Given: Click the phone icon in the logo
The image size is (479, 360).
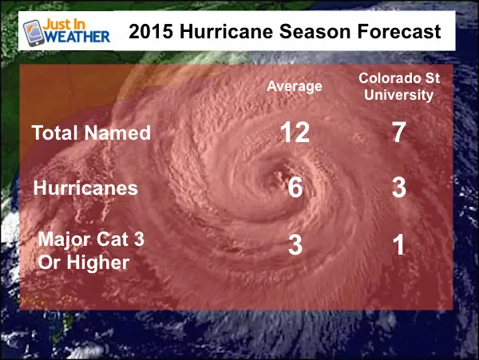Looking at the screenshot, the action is click(34, 33).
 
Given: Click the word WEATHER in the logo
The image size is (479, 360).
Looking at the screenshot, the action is click(77, 37).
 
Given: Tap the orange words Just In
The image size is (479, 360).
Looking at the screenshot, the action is click(64, 24).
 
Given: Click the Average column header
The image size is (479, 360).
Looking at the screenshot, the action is click(294, 87).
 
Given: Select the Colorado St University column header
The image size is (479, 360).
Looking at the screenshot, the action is click(399, 87).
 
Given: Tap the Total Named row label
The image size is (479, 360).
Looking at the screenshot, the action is click(91, 133).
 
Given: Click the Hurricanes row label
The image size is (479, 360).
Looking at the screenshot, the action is click(85, 188).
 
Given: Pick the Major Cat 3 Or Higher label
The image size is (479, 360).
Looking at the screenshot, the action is click(91, 251).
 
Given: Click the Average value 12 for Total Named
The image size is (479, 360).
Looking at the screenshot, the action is click(295, 133).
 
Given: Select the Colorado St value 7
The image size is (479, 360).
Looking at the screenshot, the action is click(399, 133).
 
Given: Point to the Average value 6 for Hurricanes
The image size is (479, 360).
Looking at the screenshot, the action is click(295, 188).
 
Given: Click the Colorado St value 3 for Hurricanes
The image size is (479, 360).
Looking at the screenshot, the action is click(399, 188).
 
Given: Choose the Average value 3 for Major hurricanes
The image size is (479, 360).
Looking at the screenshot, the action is click(295, 245).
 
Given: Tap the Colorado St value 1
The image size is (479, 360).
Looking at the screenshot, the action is click(398, 245).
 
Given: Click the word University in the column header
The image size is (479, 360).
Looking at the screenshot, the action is click(398, 95).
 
